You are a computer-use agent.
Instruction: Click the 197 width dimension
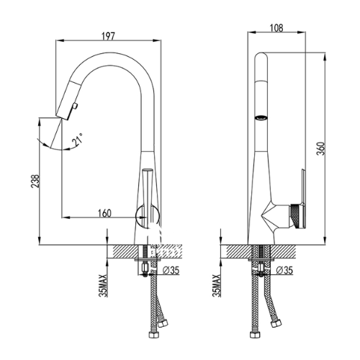coord(108,36)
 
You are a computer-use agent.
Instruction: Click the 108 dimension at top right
coord(276,28)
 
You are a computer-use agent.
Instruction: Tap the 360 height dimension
coord(320,148)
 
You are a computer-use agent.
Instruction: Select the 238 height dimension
coord(35,181)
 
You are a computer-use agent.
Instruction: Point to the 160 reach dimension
coord(105,213)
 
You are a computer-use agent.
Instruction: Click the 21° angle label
coord(78,139)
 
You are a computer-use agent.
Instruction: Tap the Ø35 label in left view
coord(171,270)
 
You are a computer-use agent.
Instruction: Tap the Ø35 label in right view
coord(284,270)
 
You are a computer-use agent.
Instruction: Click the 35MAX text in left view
coord(103,286)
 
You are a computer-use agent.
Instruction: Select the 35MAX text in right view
coord(217,286)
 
